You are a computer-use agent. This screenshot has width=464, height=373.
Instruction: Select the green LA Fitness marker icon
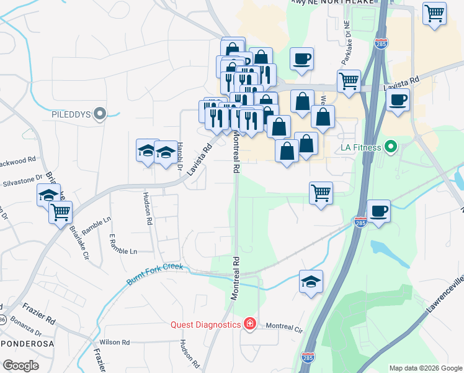(x=390, y=147)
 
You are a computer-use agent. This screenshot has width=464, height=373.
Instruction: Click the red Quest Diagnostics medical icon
(x=249, y=324)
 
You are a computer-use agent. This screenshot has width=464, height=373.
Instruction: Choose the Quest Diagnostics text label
(x=205, y=325)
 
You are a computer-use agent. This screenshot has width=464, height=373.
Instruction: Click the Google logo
(x=20, y=366)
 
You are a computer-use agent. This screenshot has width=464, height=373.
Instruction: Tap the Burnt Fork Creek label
(x=156, y=273)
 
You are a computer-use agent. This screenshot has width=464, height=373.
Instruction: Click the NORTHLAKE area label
(x=340, y=2)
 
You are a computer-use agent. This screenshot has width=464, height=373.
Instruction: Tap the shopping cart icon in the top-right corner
(x=434, y=13)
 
